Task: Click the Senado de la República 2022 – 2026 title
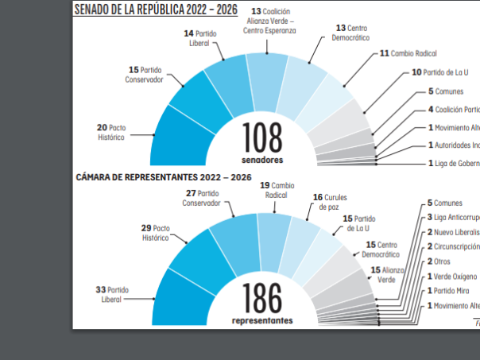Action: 156,10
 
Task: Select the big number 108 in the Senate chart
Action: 262,137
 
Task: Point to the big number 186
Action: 262,299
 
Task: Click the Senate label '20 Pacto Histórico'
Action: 111,132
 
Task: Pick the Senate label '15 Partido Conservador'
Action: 145,75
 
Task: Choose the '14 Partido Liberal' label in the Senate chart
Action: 200,39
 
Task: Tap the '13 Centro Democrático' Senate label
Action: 351,33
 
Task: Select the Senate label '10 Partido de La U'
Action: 439,72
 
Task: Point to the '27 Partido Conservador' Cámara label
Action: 203,197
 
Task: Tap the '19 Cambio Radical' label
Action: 277,191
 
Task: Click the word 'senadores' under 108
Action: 262,159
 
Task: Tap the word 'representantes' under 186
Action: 262,320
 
